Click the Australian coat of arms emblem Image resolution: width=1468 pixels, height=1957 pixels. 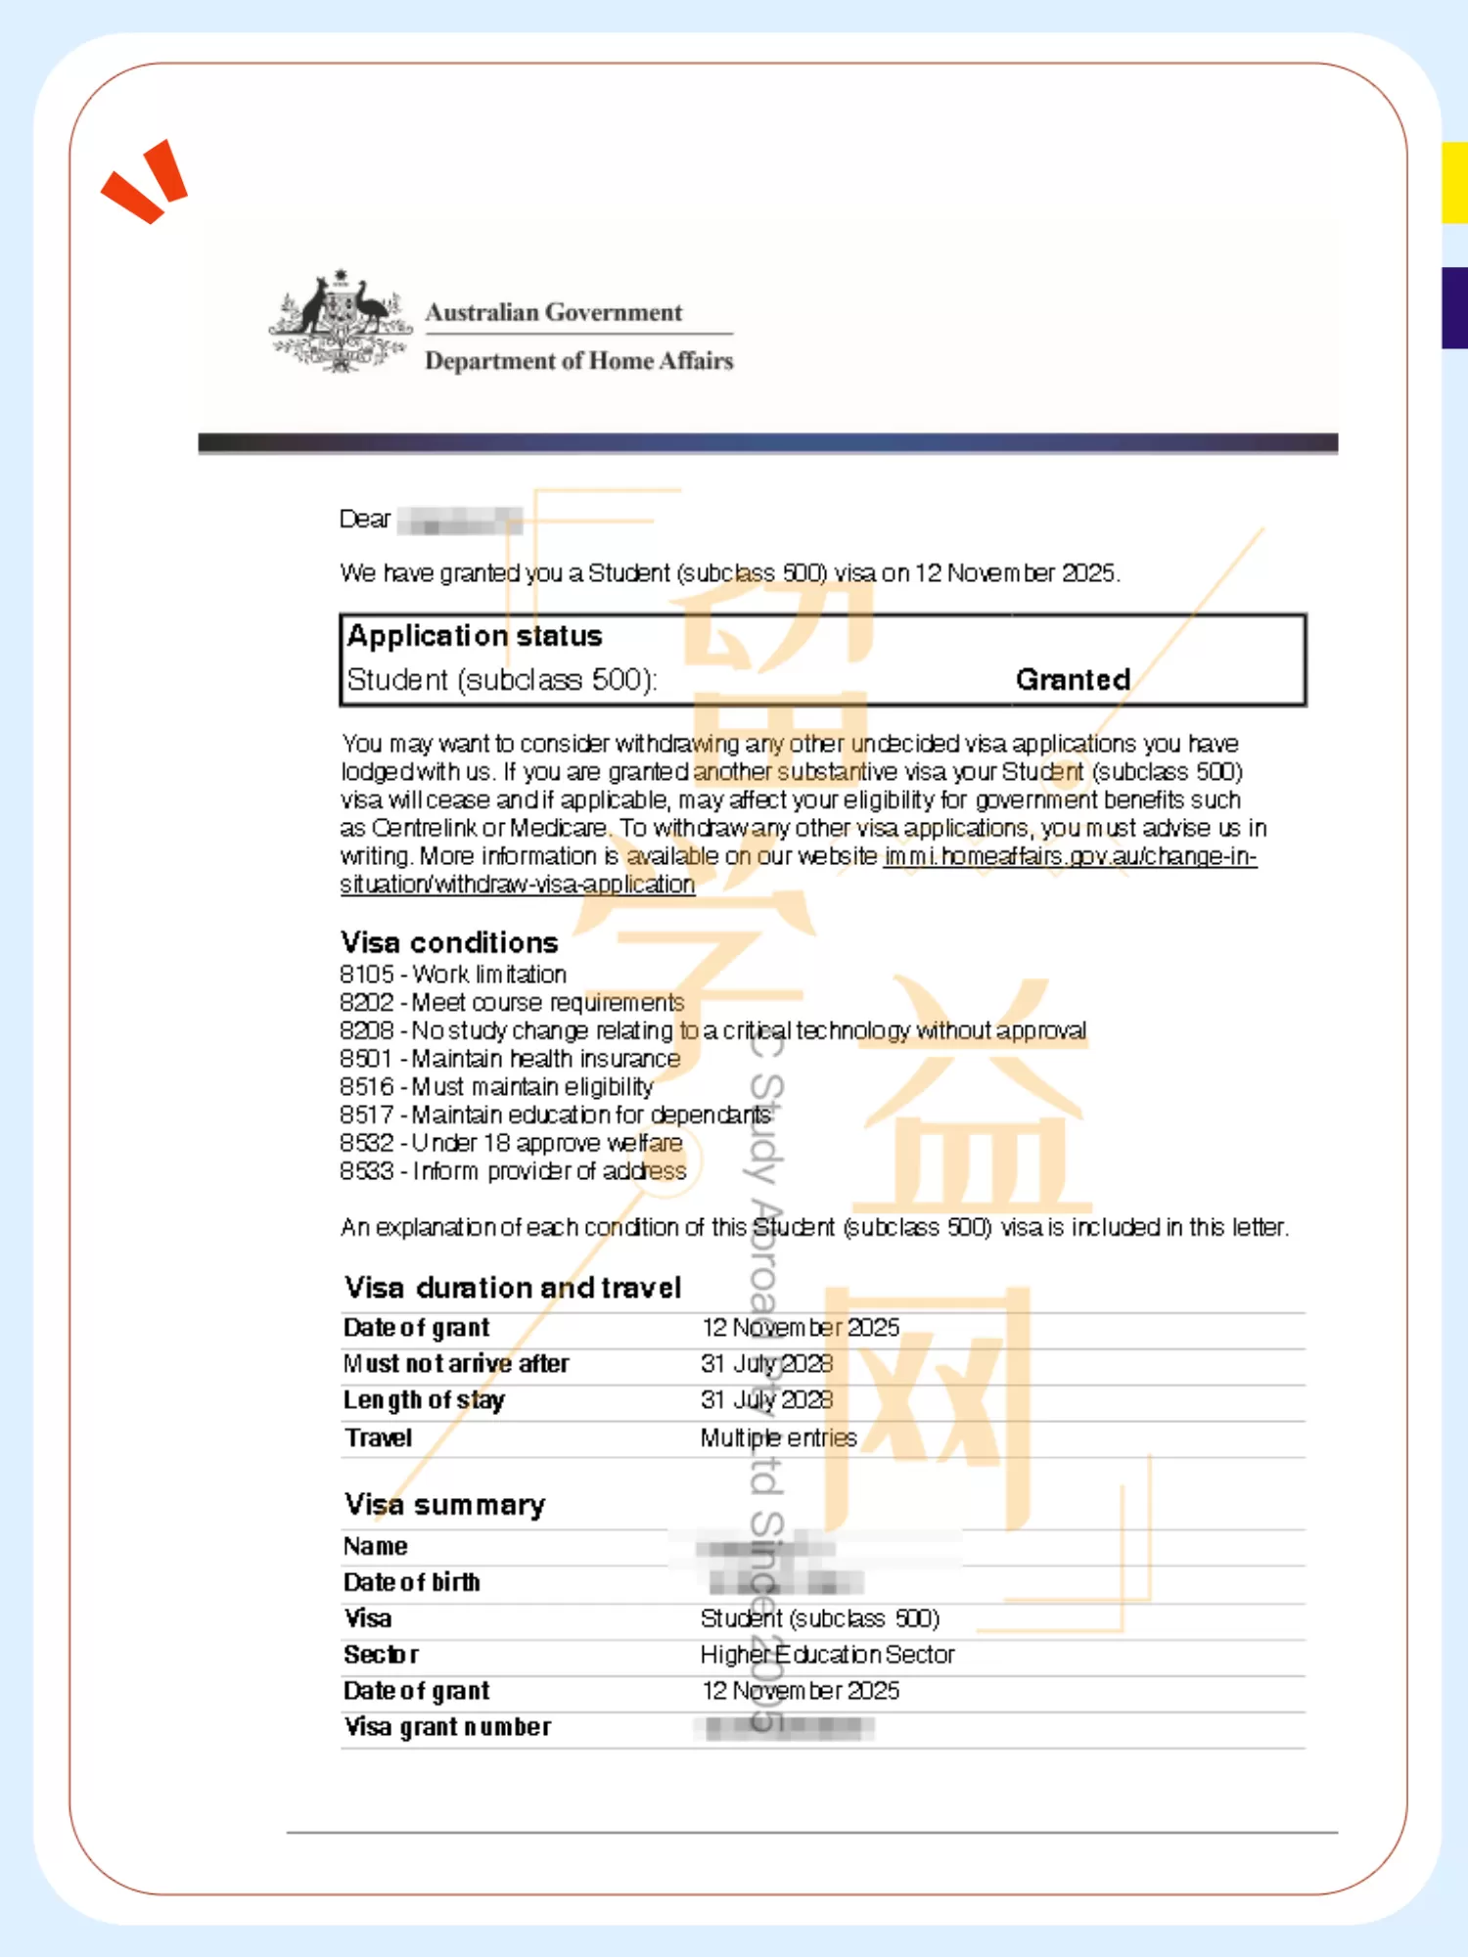[x=340, y=320]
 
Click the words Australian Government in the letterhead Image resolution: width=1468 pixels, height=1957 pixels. [x=553, y=312]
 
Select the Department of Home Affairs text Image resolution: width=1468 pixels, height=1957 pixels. [x=578, y=361]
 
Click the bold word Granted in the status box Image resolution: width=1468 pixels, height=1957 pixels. [x=1073, y=679]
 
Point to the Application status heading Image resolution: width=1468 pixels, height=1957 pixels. [x=475, y=636]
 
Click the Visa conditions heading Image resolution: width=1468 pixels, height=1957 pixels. [x=449, y=942]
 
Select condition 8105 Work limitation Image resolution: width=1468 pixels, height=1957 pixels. [x=453, y=975]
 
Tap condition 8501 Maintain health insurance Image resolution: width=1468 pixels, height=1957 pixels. [x=509, y=1059]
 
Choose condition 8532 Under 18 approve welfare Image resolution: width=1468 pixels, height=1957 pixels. [x=511, y=1143]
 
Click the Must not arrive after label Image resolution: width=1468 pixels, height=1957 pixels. [x=456, y=1363]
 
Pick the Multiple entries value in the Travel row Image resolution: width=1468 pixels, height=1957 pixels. [x=778, y=1437]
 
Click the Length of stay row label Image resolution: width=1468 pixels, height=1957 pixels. [x=424, y=1400]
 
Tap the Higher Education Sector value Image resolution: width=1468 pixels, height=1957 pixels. [x=827, y=1655]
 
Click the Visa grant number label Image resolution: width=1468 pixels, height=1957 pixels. [x=447, y=1727]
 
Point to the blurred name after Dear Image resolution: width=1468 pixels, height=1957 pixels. [x=459, y=521]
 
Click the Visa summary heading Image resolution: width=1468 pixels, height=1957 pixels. [x=444, y=1504]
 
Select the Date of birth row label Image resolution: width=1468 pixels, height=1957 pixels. [x=412, y=1582]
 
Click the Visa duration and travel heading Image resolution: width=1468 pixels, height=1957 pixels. [x=513, y=1288]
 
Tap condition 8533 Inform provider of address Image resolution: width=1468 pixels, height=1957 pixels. [x=513, y=1171]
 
